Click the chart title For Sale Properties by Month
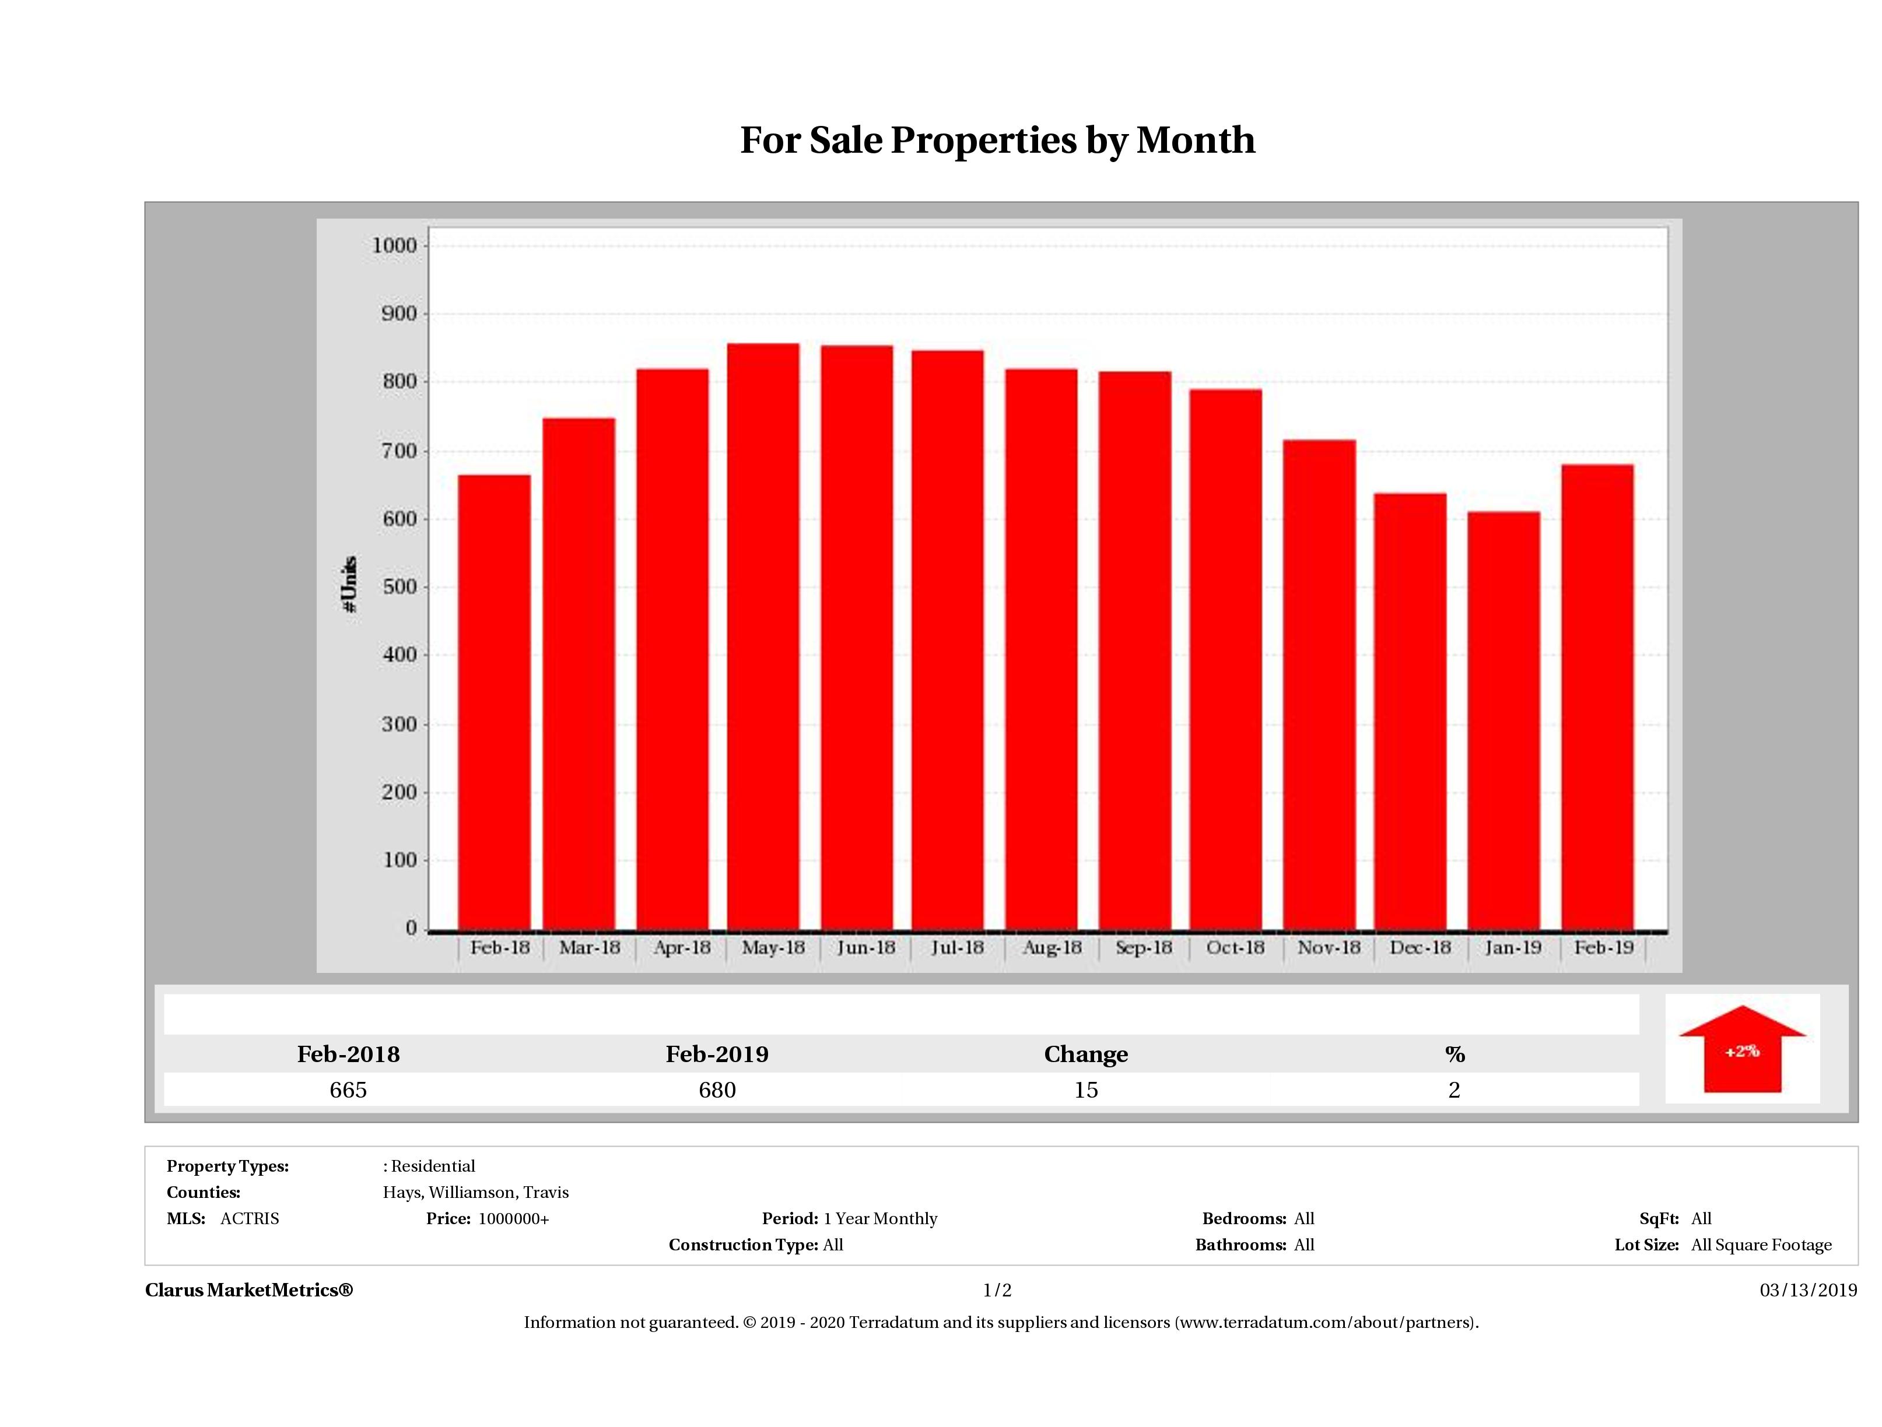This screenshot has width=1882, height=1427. coord(997,140)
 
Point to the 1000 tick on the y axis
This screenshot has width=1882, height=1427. coord(395,246)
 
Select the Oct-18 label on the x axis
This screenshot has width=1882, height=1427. coord(1235,947)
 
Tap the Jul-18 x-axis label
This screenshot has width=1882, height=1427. coord(957,947)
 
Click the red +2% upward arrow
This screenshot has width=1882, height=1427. coord(1741,1050)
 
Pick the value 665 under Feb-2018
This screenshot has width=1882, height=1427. coord(348,1090)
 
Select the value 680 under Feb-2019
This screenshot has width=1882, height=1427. coord(717,1090)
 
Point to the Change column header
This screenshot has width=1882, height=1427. coord(1086,1055)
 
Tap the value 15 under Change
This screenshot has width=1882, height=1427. coord(1086,1090)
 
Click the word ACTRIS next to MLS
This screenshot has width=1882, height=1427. coord(249,1219)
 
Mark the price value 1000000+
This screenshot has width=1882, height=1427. coord(514,1219)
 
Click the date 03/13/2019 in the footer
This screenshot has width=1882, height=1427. coord(1808,1290)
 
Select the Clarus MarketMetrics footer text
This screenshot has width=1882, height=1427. coord(248,1290)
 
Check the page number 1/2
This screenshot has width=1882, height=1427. coord(997,1290)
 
